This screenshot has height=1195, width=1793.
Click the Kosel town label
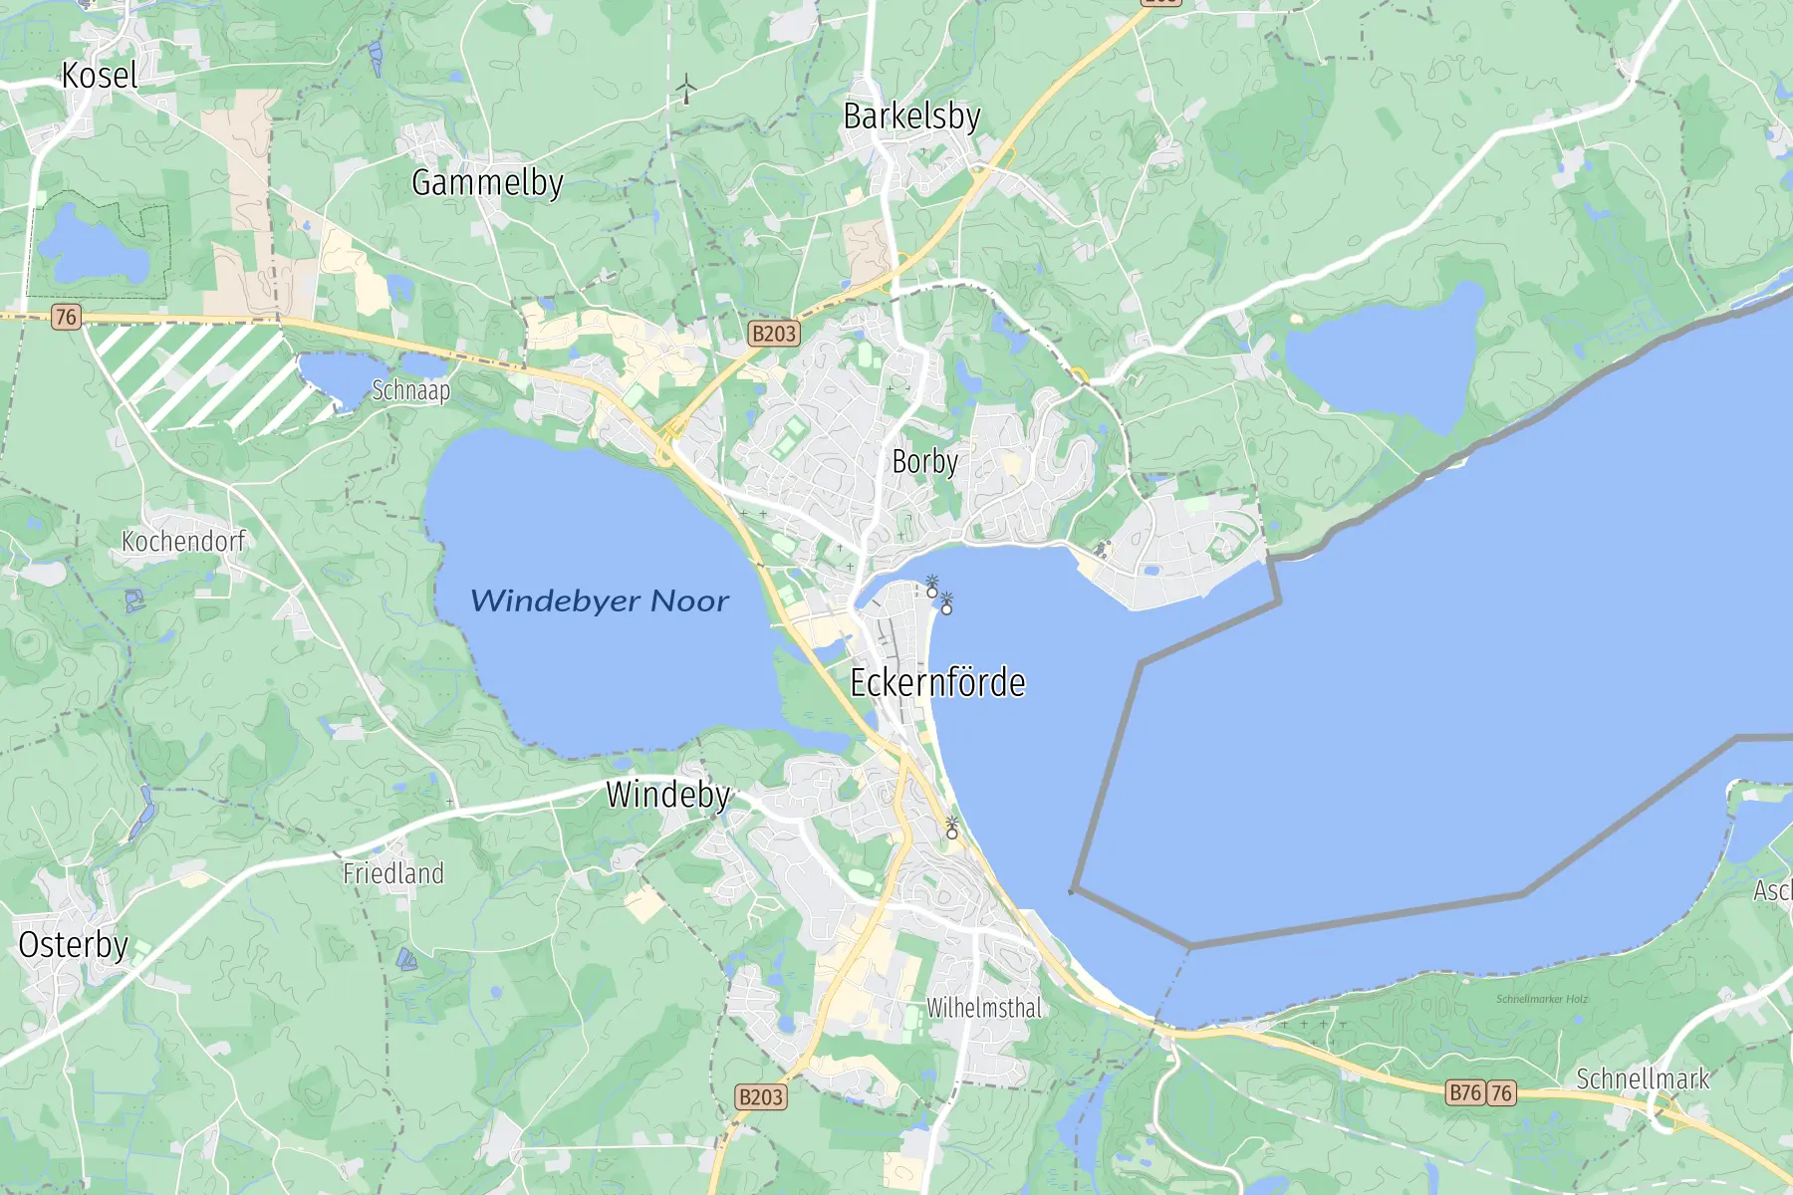tap(100, 76)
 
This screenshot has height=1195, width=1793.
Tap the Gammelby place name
tap(487, 183)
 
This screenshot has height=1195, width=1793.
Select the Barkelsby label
tap(911, 117)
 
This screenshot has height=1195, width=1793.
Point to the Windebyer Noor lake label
tap(600, 600)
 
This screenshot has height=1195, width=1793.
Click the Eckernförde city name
tap(937, 683)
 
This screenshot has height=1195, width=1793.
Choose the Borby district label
tap(924, 462)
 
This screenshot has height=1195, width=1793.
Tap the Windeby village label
tap(668, 795)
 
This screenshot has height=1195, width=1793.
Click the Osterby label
tap(74, 945)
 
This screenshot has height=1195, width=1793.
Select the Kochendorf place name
tap(183, 542)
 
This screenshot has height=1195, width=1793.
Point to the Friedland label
tap(393, 874)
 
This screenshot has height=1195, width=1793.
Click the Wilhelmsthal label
tap(984, 1008)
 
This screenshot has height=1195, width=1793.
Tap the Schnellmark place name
tap(1643, 1078)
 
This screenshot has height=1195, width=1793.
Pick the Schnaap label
tap(410, 390)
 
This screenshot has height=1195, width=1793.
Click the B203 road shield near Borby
tap(774, 334)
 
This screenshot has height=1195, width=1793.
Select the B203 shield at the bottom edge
tap(761, 1097)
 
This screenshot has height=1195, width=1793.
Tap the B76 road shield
tap(1465, 1092)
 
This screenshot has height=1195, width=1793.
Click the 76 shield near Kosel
tap(66, 318)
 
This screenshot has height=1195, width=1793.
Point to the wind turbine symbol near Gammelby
tap(686, 89)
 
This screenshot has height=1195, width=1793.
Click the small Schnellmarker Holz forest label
tap(1542, 999)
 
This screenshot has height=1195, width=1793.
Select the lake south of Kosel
tap(92, 244)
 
